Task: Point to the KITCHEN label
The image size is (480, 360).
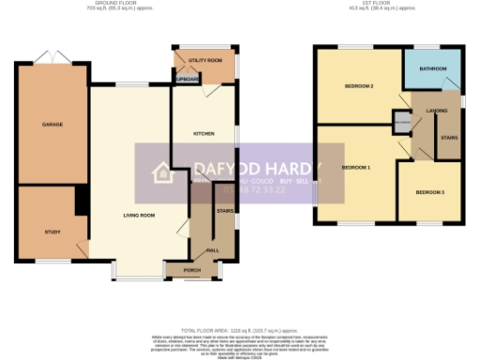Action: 203,134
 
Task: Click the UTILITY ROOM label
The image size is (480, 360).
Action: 205,61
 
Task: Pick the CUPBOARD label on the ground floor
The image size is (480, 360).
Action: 187,80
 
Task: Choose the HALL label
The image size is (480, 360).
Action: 212,250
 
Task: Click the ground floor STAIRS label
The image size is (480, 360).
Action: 224,212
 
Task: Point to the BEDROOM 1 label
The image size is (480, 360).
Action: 355,167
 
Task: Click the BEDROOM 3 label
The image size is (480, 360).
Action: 429,192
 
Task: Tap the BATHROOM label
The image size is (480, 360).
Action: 433,68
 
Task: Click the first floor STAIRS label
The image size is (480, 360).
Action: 449,137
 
